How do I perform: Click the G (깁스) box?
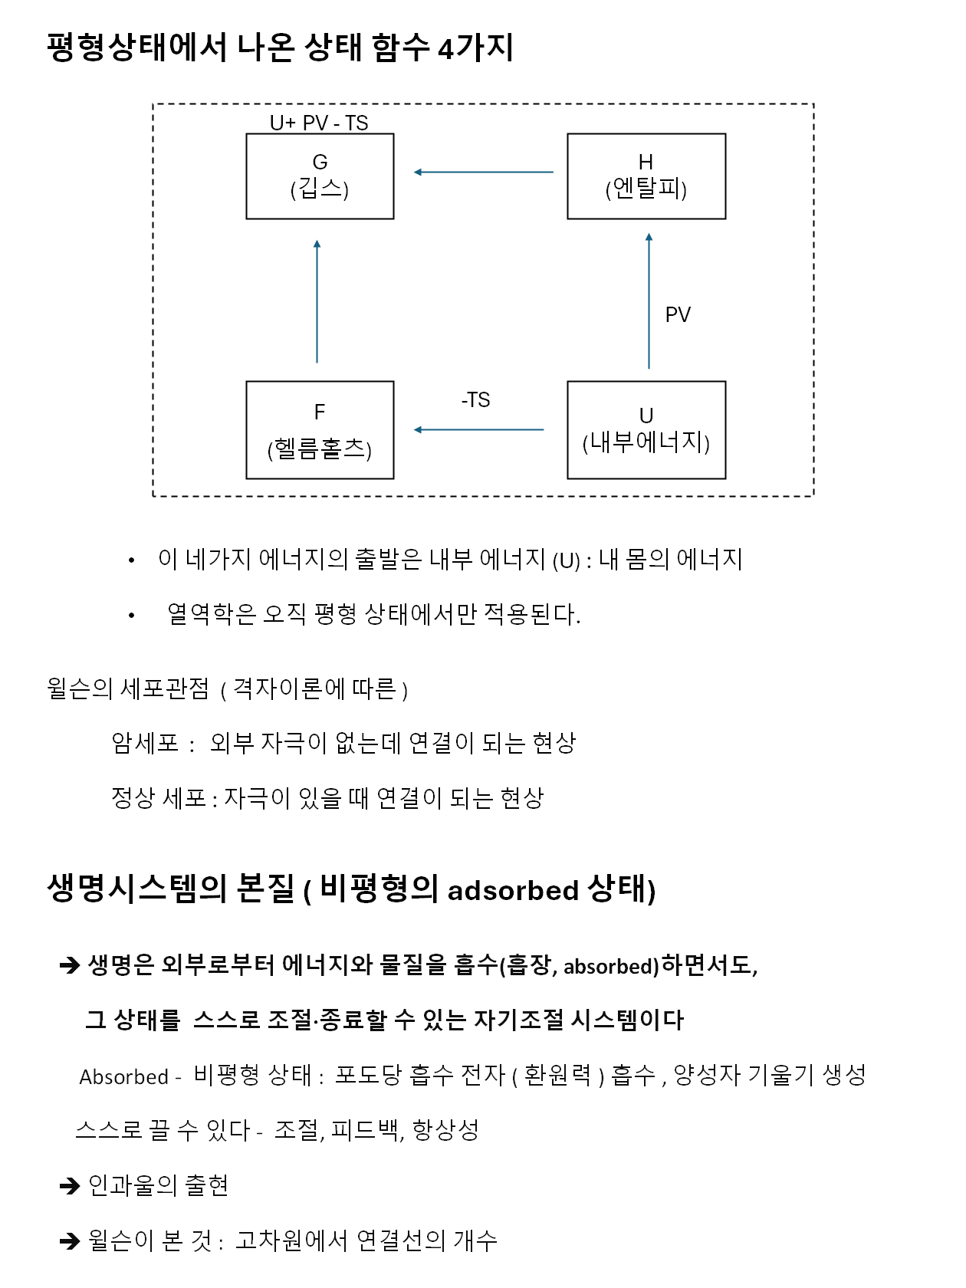click(320, 176)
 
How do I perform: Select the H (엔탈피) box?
click(646, 176)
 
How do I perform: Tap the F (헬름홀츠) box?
click(320, 430)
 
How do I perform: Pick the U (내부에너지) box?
click(646, 430)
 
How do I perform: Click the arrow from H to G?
click(483, 172)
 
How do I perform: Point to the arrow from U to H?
click(649, 301)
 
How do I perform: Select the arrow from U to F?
click(479, 430)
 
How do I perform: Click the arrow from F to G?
click(317, 301)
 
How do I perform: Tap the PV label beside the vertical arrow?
click(678, 315)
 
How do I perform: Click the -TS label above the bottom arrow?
click(475, 400)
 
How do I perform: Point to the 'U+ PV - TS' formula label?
click(319, 123)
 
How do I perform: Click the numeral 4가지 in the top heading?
click(475, 48)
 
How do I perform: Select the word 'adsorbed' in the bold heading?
click(513, 891)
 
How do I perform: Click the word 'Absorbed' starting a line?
click(123, 1077)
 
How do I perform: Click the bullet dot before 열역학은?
click(132, 616)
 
